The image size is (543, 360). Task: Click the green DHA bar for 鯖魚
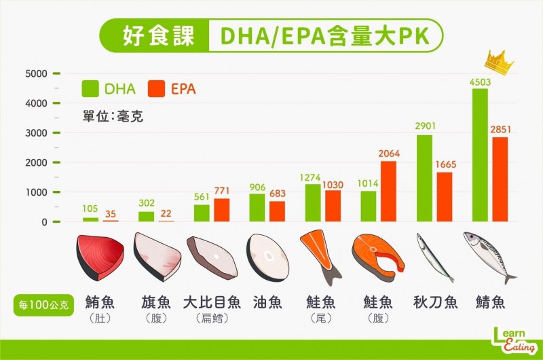coord(480,155)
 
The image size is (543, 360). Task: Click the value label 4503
coord(480,82)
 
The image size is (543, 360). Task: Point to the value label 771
coord(222,192)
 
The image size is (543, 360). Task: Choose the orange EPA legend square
coord(156,88)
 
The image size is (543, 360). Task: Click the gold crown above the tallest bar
coord(499,63)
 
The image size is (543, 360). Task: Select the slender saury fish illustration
coord(434,257)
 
